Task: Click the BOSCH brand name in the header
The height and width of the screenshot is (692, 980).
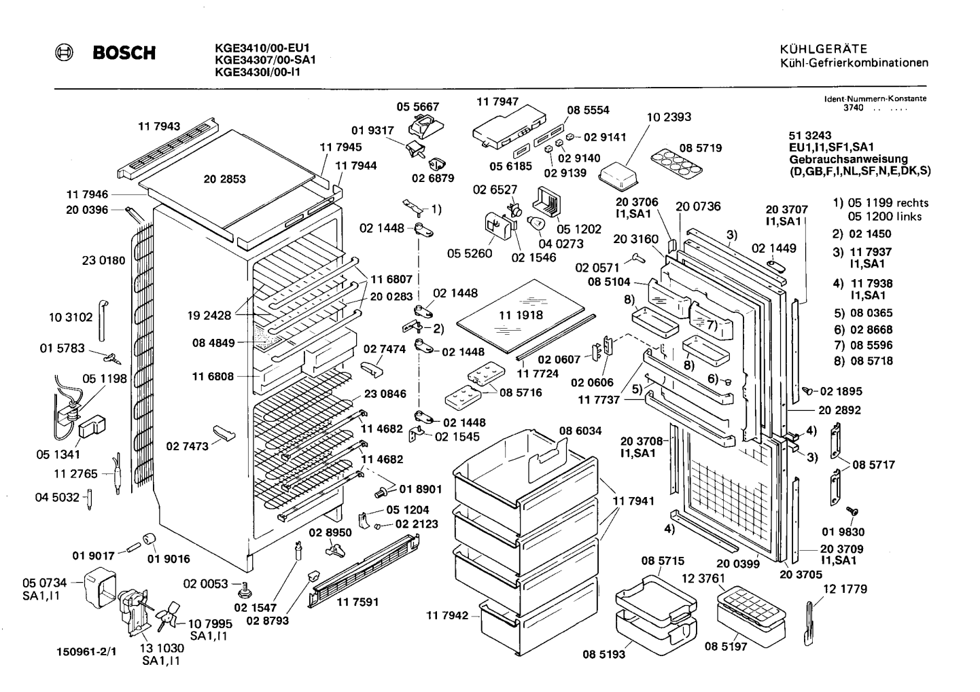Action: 124,53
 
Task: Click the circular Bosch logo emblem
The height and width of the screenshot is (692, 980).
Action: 64,53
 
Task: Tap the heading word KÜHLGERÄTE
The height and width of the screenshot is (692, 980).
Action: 824,48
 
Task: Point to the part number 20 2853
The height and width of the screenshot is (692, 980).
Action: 224,179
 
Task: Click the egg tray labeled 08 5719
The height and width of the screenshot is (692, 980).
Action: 676,162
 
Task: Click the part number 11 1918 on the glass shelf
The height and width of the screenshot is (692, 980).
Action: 521,314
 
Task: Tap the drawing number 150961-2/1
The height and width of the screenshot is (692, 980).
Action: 86,652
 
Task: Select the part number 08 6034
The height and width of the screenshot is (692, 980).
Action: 580,431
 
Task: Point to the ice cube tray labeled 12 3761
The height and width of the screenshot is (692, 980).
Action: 751,617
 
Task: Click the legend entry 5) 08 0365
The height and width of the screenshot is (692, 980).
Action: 863,313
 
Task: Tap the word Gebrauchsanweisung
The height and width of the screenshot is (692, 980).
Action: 848,159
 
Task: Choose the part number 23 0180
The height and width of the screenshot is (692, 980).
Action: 104,261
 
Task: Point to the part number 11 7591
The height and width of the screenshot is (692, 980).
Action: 357,602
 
